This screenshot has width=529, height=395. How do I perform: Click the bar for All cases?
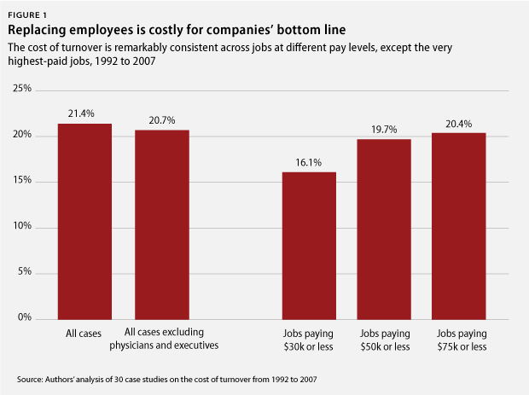point(84,221)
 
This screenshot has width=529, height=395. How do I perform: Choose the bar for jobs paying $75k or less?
point(458,225)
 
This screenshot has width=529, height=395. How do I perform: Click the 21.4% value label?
point(84,113)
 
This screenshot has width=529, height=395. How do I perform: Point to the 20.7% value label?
point(162,120)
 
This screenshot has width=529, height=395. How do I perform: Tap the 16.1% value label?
point(309,162)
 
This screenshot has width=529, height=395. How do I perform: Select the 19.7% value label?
point(383,129)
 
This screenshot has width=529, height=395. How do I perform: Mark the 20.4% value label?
point(458,123)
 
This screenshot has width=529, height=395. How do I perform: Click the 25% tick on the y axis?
point(22,89)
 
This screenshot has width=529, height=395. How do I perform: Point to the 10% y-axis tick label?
point(22,226)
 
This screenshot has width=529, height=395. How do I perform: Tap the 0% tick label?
point(25,317)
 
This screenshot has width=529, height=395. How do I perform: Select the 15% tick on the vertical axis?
point(22,180)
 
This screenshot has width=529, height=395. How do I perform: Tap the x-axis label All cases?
point(84,334)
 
